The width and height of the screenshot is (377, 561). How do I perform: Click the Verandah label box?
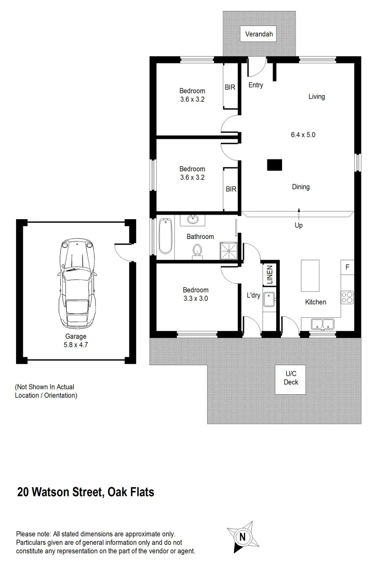259,35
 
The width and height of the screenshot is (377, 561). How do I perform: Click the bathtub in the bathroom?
165,236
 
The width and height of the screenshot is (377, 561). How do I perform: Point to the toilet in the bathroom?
197,252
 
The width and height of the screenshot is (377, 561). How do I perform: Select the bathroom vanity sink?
193,219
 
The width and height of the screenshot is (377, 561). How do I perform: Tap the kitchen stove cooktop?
347,298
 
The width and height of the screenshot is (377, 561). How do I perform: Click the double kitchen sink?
323,324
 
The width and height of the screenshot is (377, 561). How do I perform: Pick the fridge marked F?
347,268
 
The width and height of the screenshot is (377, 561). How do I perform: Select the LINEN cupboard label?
270,275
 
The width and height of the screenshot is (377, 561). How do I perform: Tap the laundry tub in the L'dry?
270,300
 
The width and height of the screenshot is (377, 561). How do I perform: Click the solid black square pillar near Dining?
274,165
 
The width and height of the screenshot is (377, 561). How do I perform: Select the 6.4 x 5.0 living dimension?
303,134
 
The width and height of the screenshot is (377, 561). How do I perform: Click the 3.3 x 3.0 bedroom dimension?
196,299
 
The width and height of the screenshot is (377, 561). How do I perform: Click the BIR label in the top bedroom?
230,87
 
